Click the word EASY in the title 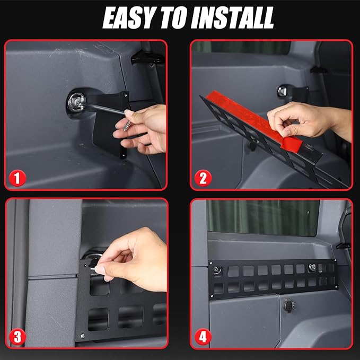point(128,17)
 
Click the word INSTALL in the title point(232,17)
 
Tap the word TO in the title point(173,17)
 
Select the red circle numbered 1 point(17,178)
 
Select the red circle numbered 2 point(203,178)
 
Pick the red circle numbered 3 point(17,337)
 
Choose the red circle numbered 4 point(203,337)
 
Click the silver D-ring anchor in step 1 point(76,103)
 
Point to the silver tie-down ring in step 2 point(283,91)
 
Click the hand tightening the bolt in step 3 point(133,259)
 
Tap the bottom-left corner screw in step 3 point(82,336)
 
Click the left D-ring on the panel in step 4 point(217,270)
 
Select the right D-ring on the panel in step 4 point(312,267)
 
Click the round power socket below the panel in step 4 point(288,305)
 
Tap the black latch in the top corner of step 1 point(147,57)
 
